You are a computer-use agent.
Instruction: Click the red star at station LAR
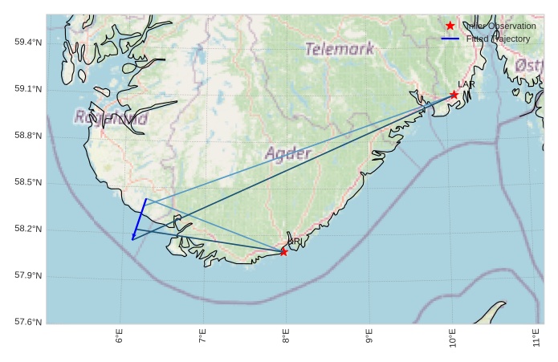454,95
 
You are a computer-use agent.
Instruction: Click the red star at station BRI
283,252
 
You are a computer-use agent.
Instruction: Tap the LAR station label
466,84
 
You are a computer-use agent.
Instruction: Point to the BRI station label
295,242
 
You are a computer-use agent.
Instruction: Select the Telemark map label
340,49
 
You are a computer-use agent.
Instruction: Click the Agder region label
287,153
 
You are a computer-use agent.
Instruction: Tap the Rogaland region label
112,118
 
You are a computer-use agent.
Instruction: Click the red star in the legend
450,26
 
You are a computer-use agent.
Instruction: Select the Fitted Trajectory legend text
498,39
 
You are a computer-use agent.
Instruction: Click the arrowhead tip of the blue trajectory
132,239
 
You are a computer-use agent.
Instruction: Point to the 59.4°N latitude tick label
28,42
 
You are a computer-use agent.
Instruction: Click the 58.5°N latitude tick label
28,183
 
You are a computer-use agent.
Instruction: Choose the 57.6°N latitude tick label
28,323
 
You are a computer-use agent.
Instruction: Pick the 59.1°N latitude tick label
28,89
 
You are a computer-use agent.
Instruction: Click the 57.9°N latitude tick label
28,276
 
